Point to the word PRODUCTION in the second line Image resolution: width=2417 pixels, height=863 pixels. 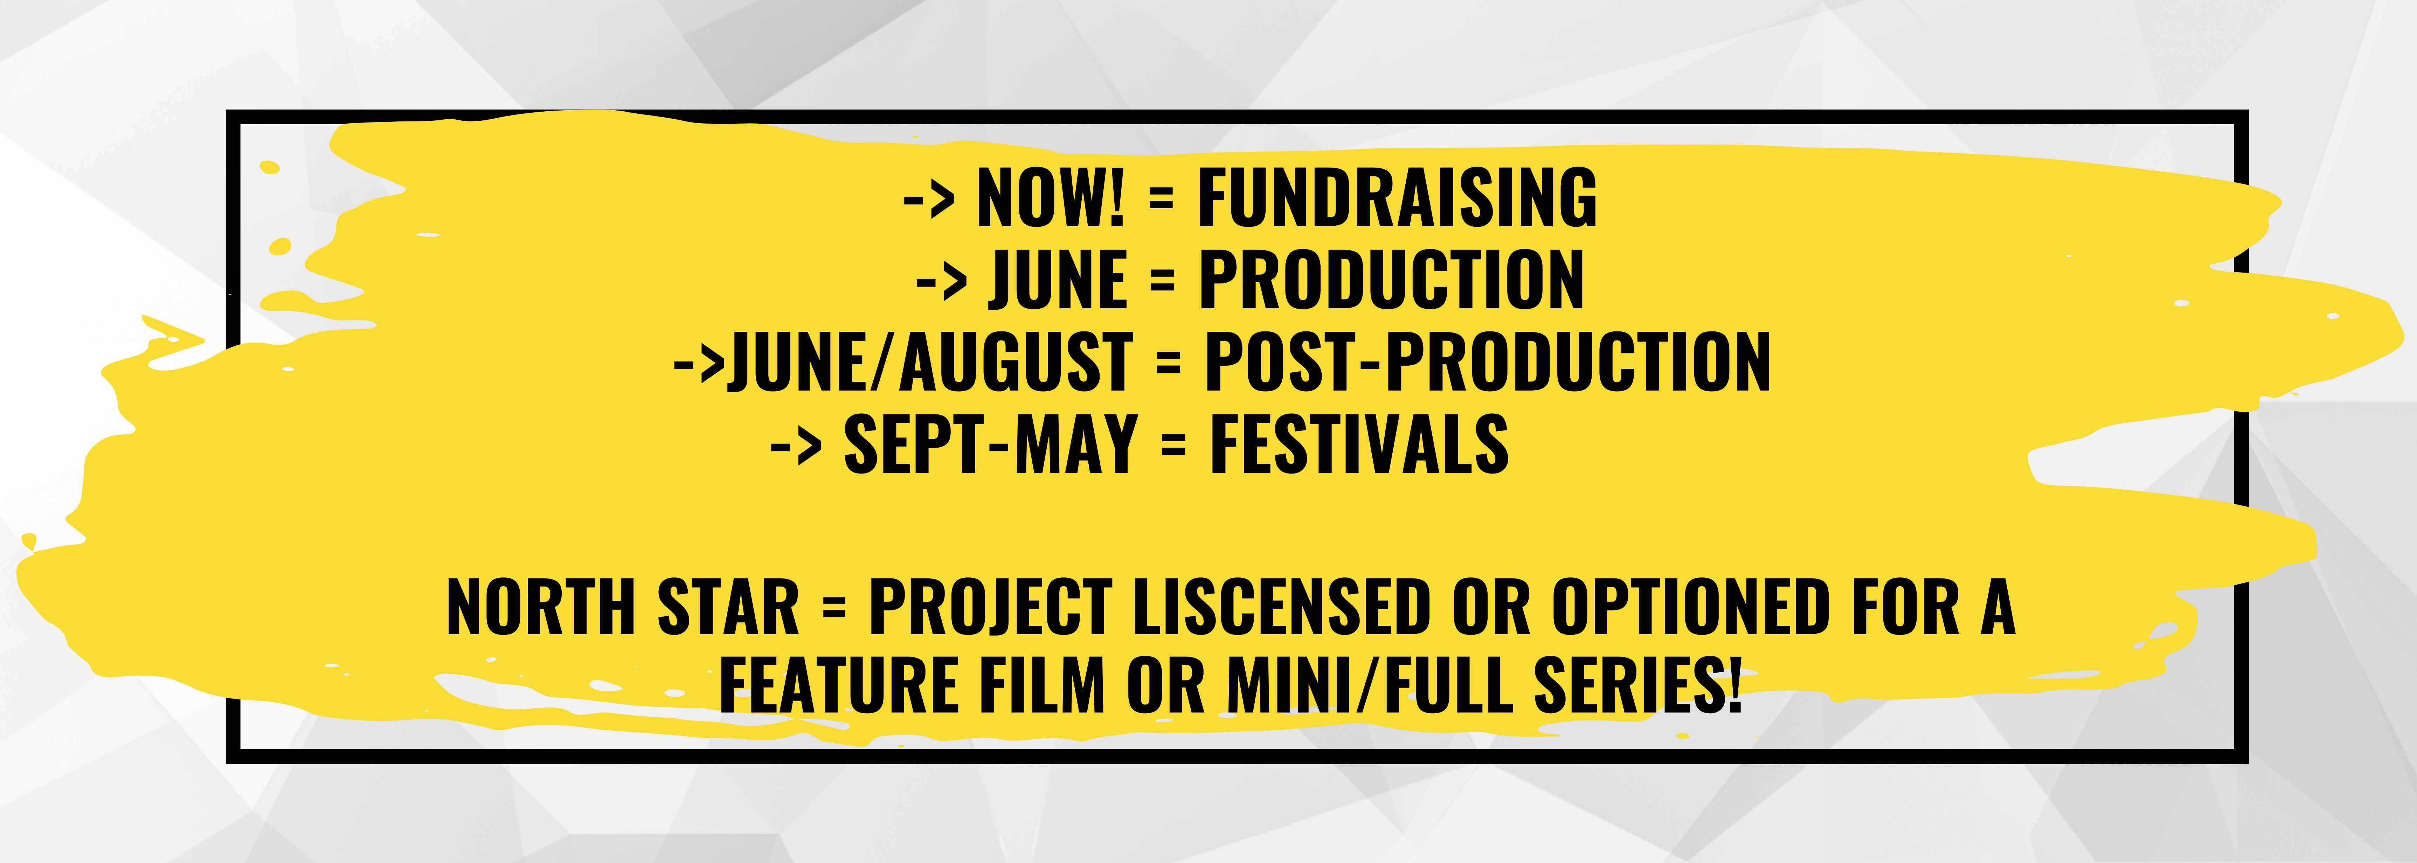1391,280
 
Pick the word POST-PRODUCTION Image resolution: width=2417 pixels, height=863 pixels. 1487,362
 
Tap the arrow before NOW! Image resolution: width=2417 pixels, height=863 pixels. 929,199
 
